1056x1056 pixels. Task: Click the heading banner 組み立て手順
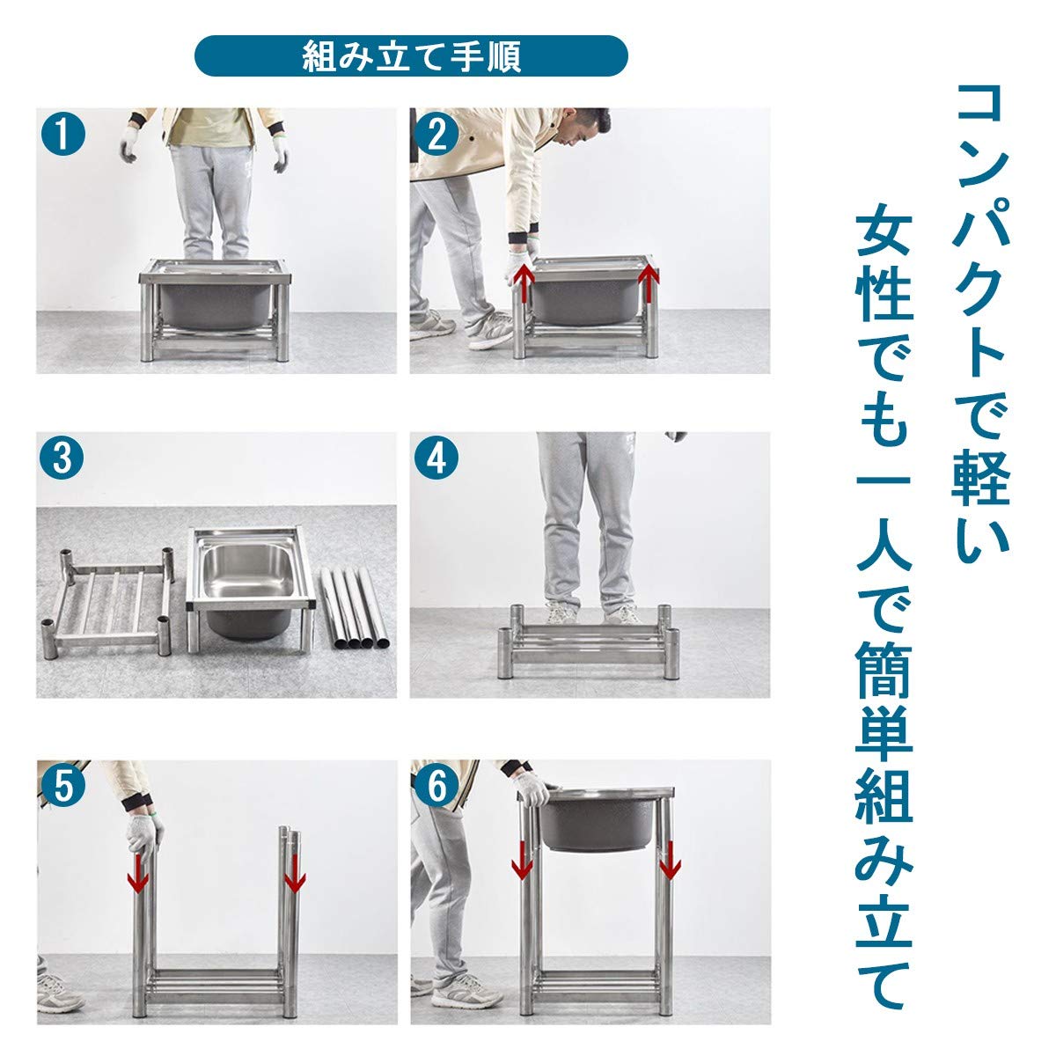pyautogui.click(x=411, y=57)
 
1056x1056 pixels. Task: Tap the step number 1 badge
pyautogui.click(x=63, y=136)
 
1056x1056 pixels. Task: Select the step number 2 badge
pyautogui.click(x=437, y=136)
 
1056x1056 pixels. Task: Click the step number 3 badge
pyautogui.click(x=63, y=458)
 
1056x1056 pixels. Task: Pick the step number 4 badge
pyautogui.click(x=437, y=458)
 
